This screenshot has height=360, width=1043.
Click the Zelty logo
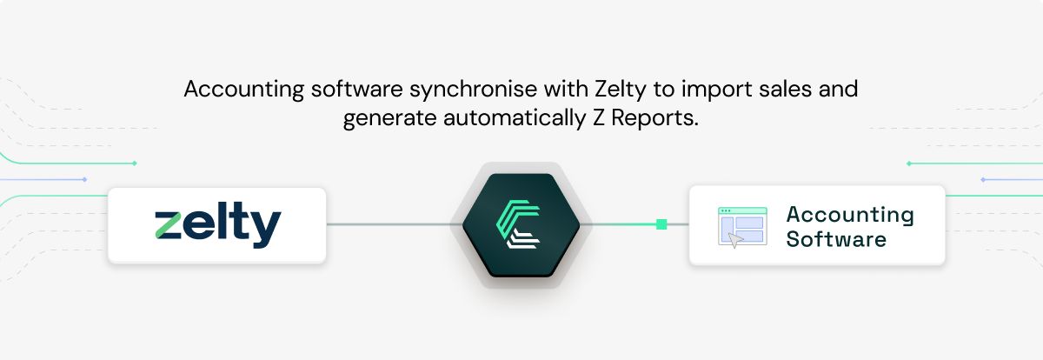tap(217, 226)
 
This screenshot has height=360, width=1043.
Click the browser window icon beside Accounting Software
tap(742, 227)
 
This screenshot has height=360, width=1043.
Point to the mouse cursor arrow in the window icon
tap(735, 241)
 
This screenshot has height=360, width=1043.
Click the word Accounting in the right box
tap(849, 215)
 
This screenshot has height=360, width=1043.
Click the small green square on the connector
tap(661, 224)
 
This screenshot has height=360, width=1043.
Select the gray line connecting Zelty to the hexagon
tap(391, 224)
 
